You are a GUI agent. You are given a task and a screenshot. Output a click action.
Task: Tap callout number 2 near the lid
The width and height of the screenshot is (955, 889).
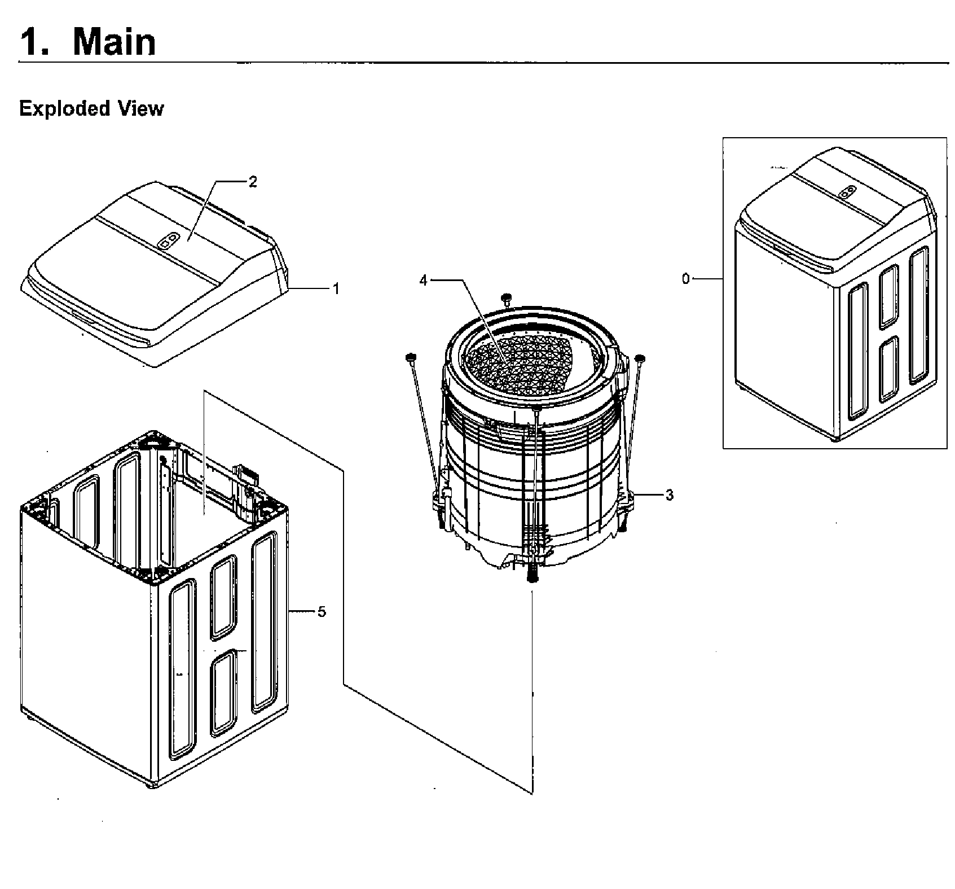pyautogui.click(x=253, y=182)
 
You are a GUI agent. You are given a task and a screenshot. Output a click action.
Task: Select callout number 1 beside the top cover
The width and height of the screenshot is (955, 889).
pyautogui.click(x=336, y=289)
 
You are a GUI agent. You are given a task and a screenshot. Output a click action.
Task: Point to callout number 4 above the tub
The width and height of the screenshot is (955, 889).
pyautogui.click(x=424, y=280)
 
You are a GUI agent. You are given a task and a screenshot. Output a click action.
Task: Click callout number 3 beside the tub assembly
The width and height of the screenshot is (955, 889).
pyautogui.click(x=669, y=496)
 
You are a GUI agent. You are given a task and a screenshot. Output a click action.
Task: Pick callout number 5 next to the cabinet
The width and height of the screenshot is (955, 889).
pyautogui.click(x=322, y=612)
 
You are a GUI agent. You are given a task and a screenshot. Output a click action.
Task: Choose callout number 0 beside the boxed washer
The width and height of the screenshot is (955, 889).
pyautogui.click(x=685, y=279)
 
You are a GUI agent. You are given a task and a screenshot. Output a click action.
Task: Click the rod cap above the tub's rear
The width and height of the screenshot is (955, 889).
pyautogui.click(x=506, y=296)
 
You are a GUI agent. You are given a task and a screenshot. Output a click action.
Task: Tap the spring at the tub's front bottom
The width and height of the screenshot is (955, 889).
pyautogui.click(x=532, y=572)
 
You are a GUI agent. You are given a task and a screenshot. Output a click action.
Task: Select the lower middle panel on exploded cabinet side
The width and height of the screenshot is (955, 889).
pyautogui.click(x=223, y=693)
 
